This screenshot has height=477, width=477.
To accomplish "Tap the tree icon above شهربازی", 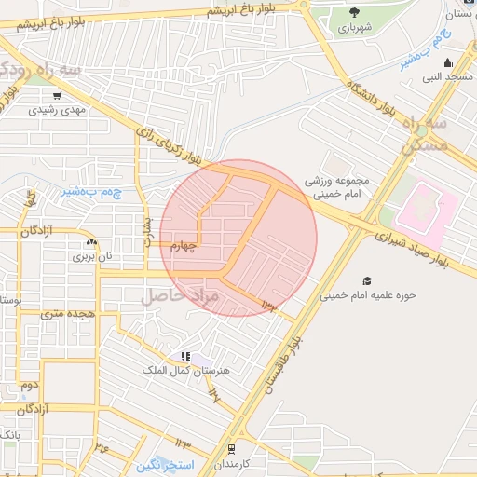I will coord(354,12).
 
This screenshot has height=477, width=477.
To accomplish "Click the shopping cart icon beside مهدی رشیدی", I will coord(58,95).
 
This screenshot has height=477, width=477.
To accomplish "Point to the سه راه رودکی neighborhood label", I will coord(37,69).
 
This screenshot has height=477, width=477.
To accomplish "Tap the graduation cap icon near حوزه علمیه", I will coord(367,280).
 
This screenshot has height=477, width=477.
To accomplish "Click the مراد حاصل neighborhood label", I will coord(179,296).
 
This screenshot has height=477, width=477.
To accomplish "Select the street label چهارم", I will coord(178,246).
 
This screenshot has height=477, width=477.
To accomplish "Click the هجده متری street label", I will coord(66,314).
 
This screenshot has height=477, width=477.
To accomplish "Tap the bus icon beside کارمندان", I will coord(231,449).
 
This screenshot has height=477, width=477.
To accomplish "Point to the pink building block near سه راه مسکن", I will coord(427,207).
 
